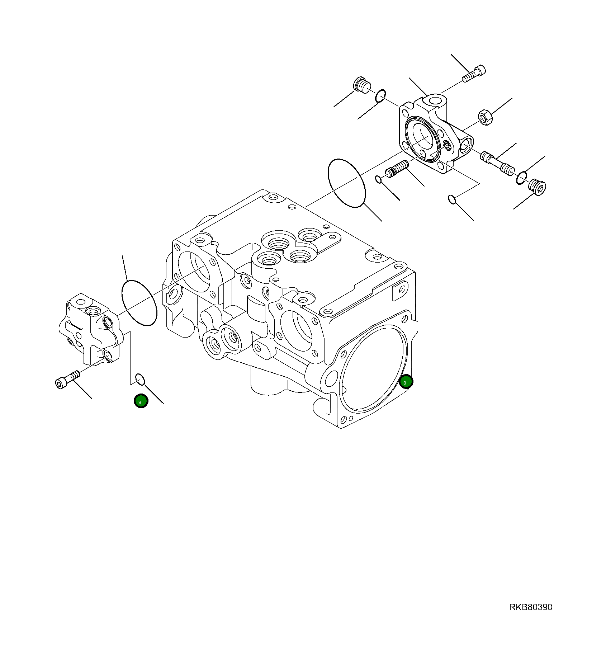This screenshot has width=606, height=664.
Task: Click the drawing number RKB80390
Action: point(530,607)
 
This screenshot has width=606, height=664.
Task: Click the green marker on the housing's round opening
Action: point(406,382)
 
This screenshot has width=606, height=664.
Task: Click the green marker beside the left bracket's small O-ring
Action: point(141,401)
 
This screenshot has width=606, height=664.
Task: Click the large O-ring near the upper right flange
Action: point(346,183)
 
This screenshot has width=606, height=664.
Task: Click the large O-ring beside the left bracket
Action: point(139,303)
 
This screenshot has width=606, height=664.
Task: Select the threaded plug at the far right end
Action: point(537,188)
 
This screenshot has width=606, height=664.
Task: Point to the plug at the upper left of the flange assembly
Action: point(360,85)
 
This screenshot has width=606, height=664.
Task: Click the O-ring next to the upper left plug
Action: point(380,96)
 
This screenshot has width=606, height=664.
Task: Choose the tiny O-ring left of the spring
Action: point(378,179)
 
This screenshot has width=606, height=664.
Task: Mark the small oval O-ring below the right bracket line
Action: point(453,199)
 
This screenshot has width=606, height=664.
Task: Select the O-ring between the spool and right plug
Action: point(522,178)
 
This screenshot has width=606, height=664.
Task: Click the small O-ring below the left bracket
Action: point(140,379)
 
